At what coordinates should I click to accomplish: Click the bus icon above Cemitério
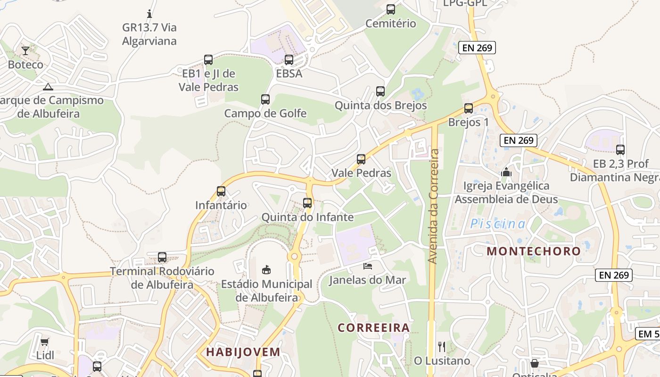pos(390,9)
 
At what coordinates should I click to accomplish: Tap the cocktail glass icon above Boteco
pos(25,50)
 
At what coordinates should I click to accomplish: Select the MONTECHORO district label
pos(534,251)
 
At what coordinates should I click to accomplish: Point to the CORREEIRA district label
pos(373,327)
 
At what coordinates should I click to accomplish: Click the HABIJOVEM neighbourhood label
pos(243,352)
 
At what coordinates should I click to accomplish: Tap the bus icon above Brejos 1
pos(468,108)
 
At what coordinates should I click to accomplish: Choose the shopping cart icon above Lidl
pos(45,342)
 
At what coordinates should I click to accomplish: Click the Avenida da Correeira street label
pos(434,206)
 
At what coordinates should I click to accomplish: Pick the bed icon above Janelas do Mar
pos(367,266)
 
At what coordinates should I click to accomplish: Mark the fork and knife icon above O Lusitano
pos(442,347)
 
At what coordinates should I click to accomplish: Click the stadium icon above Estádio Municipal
pos(266,270)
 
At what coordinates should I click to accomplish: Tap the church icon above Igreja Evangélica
pos(506,172)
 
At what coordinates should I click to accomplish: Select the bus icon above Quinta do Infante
pos(307,203)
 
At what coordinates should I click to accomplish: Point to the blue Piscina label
pos(497,224)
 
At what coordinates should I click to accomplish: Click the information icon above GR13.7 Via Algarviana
pos(149,14)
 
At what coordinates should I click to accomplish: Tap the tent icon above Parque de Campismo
pos(48,87)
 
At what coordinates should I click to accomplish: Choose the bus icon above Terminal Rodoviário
pos(162,257)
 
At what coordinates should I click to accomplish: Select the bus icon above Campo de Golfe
pos(265,99)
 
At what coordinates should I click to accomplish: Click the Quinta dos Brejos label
pos(380,105)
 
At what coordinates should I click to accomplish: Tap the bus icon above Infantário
pos(221,191)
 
